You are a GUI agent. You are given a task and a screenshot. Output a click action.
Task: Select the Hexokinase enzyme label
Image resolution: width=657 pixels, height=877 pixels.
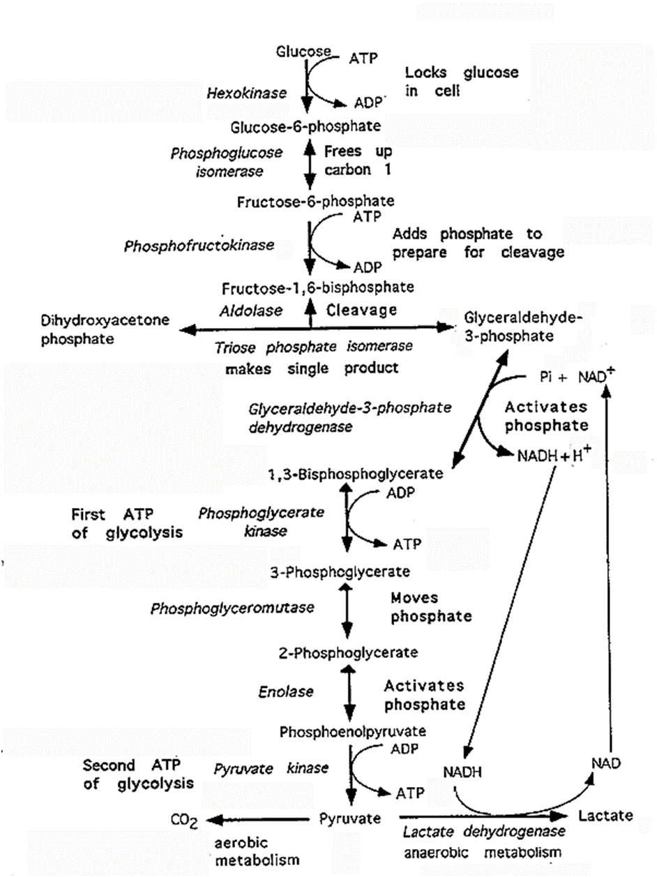tap(246, 92)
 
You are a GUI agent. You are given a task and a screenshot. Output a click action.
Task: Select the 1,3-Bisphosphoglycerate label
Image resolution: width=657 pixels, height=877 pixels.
tap(356, 474)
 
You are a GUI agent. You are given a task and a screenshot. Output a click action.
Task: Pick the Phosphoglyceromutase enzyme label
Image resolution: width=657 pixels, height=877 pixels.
tap(232, 608)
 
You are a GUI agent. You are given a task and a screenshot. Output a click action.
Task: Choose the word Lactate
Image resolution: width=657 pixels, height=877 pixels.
tap(605, 815)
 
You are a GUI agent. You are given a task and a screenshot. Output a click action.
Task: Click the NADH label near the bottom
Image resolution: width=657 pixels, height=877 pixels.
tap(462, 772)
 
